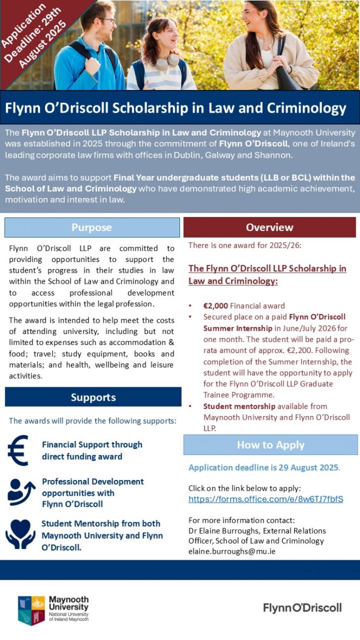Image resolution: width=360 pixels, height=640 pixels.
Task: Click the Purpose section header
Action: tap(92, 227)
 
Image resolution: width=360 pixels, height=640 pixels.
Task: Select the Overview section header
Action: tap(269, 227)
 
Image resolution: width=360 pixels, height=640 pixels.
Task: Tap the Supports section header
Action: tap(93, 397)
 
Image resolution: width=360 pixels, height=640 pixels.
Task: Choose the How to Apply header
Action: tap(271, 445)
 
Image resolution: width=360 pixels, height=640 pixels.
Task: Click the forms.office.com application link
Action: tap(266, 499)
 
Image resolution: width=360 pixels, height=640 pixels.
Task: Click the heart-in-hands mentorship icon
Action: tap(20, 533)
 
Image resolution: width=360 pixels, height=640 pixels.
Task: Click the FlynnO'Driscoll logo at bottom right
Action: tap(302, 607)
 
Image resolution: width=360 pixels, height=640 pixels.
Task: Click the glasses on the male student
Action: tap(106, 21)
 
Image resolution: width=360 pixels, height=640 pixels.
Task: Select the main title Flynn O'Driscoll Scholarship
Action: tap(175, 108)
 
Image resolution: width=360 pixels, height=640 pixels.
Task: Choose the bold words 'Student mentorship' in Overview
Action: tap(234, 406)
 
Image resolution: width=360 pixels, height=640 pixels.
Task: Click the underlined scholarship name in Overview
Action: tap(267, 275)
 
